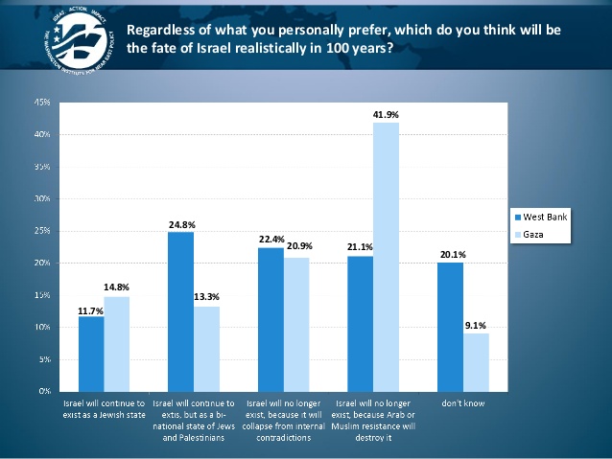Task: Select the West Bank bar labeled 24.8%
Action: pos(180,311)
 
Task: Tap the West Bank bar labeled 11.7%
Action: pos(91,354)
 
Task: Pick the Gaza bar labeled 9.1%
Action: pos(477,362)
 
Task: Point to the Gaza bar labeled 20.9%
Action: pos(296,324)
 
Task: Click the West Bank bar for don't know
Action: pos(451,327)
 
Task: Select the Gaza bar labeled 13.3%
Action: pos(206,348)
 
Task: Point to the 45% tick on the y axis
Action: pos(42,102)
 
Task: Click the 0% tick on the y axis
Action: pos(44,392)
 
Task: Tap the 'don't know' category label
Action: pos(464,403)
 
